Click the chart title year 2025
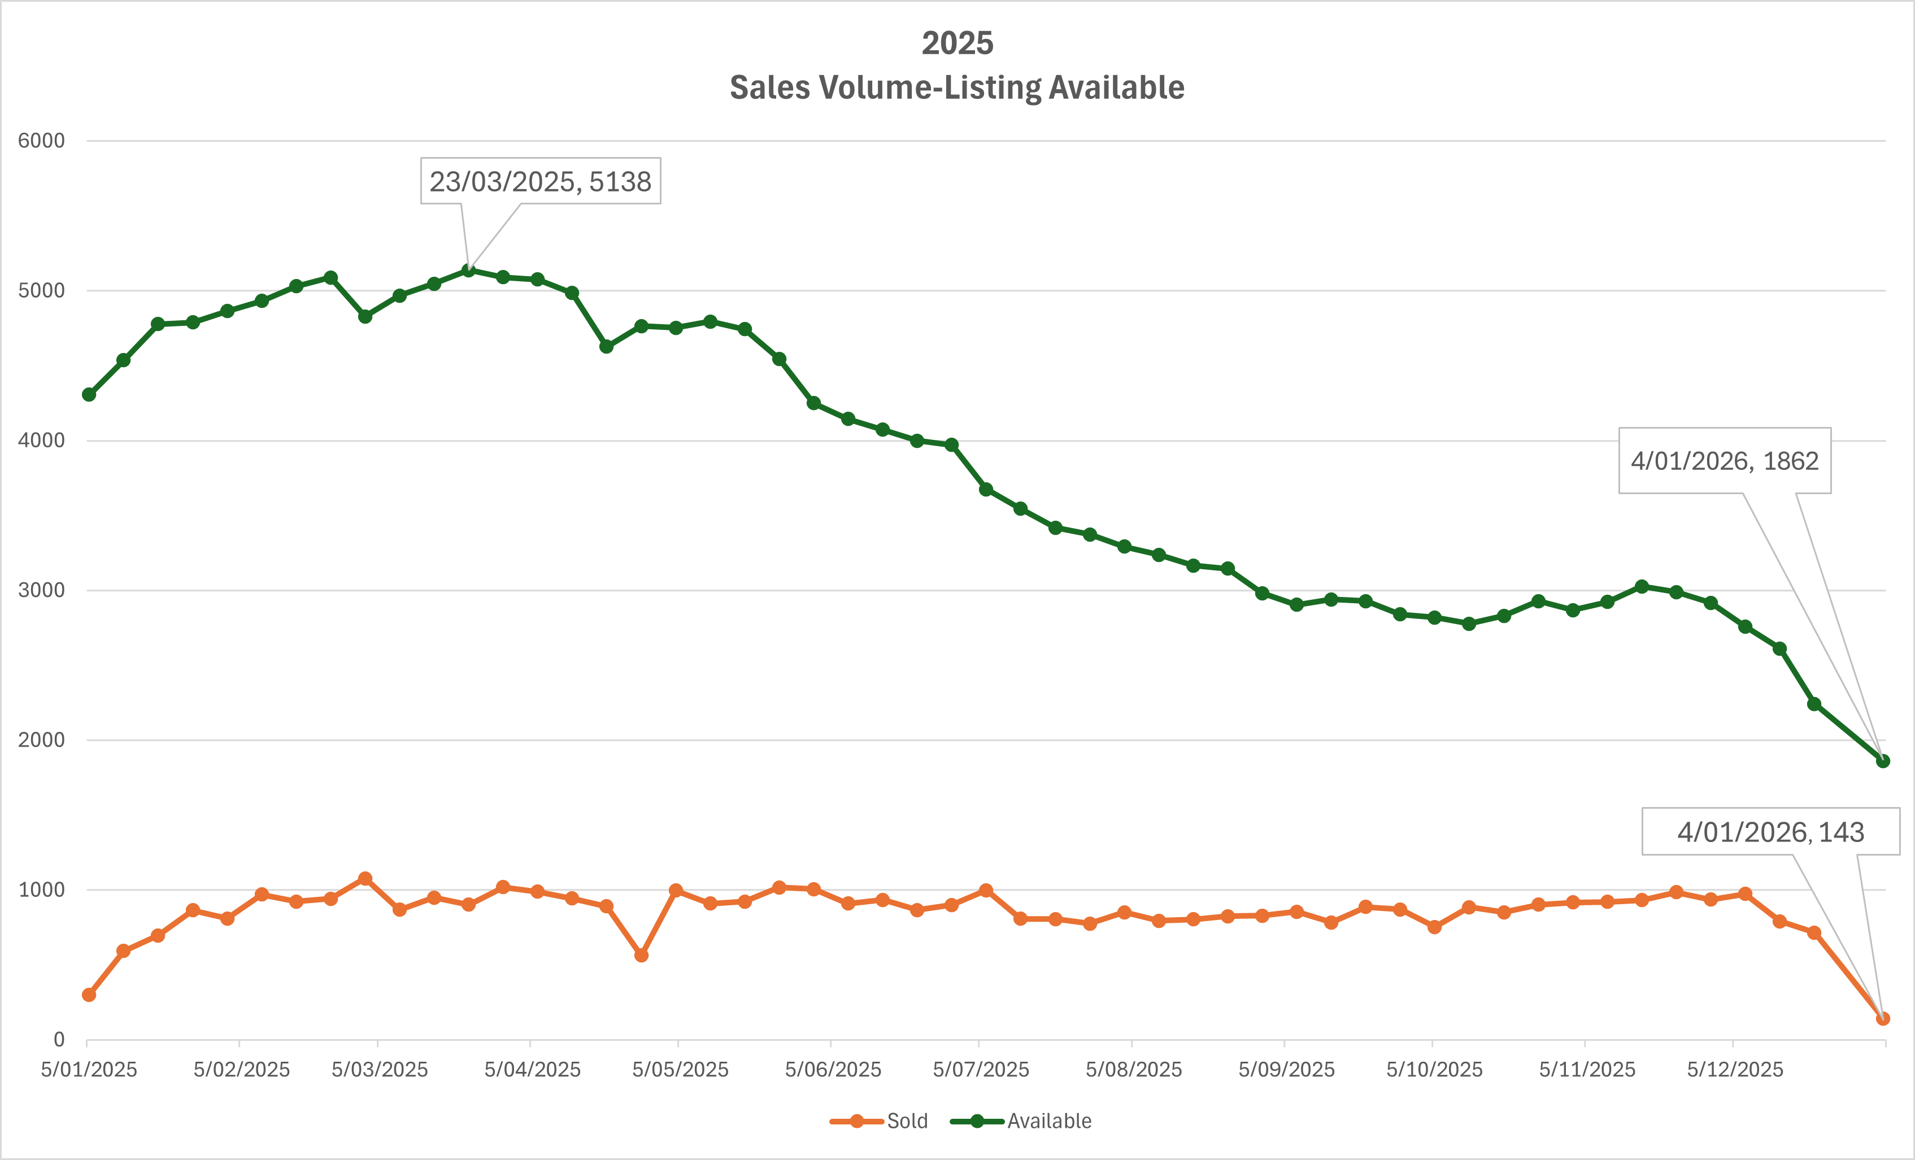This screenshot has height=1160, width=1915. coord(957,43)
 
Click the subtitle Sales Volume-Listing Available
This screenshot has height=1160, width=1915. coord(957,88)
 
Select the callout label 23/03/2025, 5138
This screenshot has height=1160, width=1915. coord(540,181)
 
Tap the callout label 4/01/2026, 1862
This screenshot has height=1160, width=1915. coord(1724,461)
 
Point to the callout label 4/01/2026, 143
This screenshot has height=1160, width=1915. coord(1770,832)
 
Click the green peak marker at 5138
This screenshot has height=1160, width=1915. coord(469,271)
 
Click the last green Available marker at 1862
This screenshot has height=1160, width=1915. coord(1882,761)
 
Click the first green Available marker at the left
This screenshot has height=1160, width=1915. coord(89,395)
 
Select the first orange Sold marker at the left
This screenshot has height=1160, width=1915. coord(89,995)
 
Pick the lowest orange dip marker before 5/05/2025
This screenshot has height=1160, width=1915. coord(641,955)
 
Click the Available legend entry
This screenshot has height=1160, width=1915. coord(1021,1121)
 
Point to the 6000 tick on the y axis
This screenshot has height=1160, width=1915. coord(41,141)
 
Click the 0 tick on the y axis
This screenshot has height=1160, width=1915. coord(58,1040)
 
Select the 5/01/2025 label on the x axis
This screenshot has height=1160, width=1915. coord(89,1070)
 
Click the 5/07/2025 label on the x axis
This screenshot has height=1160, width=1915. coord(980,1070)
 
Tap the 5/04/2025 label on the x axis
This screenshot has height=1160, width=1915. coord(532,1070)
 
